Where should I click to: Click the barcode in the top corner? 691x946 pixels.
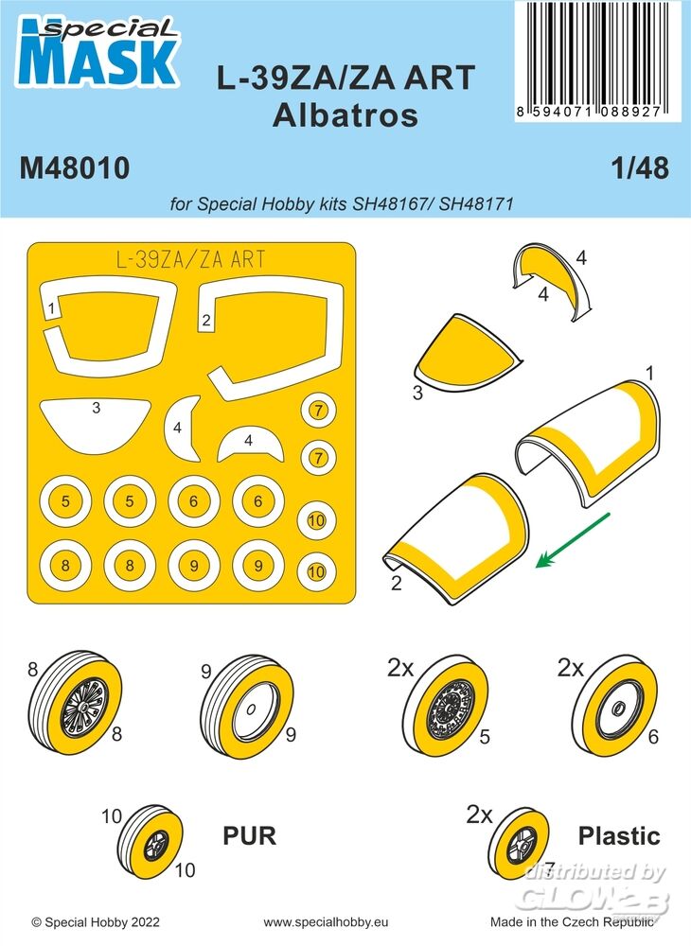pyautogui.click(x=589, y=61)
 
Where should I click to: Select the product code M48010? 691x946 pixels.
pyautogui.click(x=75, y=168)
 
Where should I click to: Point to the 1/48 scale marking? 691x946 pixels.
pyautogui.click(x=640, y=168)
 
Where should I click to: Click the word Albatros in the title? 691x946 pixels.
pyautogui.click(x=345, y=115)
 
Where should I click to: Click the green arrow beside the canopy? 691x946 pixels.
pyautogui.click(x=574, y=540)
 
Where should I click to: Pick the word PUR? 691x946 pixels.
pyautogui.click(x=249, y=836)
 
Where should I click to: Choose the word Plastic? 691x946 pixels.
pyautogui.click(x=619, y=836)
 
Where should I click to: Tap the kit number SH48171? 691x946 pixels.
pyautogui.click(x=476, y=204)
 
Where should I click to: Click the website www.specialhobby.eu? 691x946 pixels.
pyautogui.click(x=326, y=922)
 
